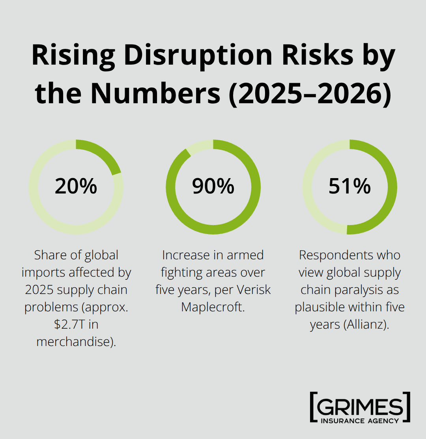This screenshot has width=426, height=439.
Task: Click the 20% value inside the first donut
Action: [76, 186]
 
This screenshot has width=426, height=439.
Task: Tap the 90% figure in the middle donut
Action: [213, 186]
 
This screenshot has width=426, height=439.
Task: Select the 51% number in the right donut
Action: [349, 186]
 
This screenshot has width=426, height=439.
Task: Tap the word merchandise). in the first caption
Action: [76, 342]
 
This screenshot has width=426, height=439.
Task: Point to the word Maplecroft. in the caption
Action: [213, 307]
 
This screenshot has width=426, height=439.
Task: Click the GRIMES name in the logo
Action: [360, 406]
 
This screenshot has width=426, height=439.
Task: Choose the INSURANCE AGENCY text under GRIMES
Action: [360, 420]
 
